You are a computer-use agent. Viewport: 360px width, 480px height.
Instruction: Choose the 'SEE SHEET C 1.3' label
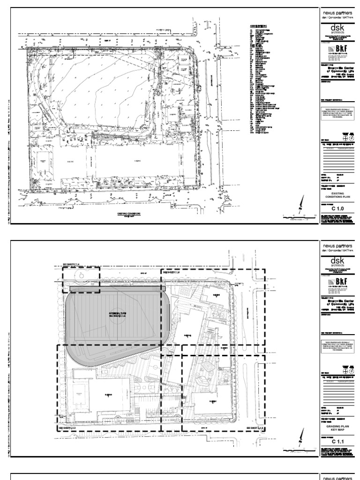[256, 428]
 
